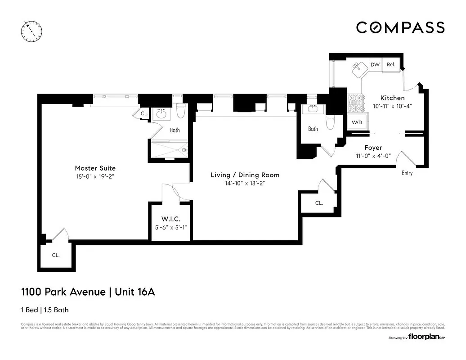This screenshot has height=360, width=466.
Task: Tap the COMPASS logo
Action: (400, 27)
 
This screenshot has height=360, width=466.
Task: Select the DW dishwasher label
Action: (375, 65)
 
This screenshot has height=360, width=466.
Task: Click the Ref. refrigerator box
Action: (391, 65)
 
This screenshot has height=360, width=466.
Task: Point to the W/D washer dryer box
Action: (357, 122)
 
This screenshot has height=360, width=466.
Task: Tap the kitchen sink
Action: (359, 68)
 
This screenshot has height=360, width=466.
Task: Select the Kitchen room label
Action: (392, 98)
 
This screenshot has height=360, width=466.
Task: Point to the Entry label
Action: (407, 173)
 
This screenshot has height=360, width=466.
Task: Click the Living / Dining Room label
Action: (245, 175)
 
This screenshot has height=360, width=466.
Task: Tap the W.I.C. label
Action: (170, 219)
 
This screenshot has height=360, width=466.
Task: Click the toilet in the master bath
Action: (181, 111)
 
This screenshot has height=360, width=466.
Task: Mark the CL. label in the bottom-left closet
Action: (55, 255)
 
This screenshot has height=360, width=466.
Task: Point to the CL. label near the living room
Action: (318, 203)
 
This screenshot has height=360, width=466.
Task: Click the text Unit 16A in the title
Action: (135, 292)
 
